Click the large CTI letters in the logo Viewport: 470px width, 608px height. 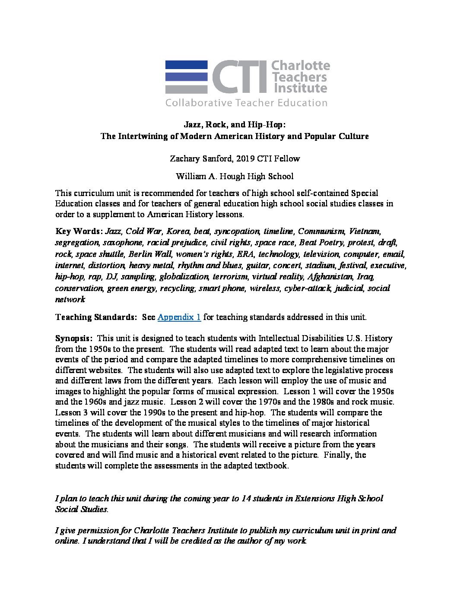pos(239,77)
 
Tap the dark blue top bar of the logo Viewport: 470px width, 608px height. pos(186,65)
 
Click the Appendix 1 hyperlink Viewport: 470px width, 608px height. pos(179,317)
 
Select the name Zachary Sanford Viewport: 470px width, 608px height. pos(197,158)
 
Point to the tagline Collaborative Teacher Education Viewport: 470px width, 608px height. pos(246,103)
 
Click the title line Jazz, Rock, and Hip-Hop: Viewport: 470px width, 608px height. pos(235,125)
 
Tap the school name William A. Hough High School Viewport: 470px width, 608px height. pos(235,176)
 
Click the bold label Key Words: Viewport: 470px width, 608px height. pos(79,231)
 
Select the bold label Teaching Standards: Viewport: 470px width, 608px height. pos(95,317)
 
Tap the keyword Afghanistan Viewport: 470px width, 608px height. pos(330,276)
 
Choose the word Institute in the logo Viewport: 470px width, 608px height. pos(299,89)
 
